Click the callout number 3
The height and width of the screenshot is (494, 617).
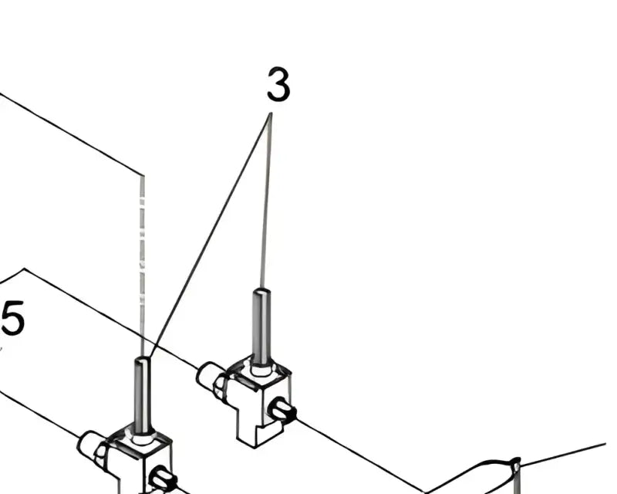pyautogui.click(x=278, y=85)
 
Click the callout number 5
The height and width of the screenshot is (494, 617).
pyautogui.click(x=12, y=319)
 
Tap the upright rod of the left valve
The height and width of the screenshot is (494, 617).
pyautogui.click(x=142, y=394)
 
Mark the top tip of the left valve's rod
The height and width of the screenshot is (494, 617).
pyautogui.click(x=142, y=360)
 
